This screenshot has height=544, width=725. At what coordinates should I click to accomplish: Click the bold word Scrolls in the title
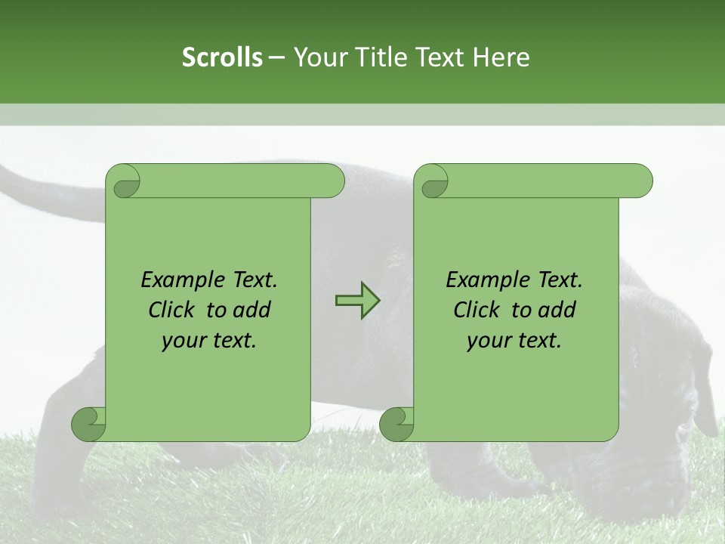coord(222,57)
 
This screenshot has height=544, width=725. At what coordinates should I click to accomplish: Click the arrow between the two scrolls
coord(357,301)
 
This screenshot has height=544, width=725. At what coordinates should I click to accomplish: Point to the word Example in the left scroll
coord(174,280)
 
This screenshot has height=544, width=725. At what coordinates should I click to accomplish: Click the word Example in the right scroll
coord(480,280)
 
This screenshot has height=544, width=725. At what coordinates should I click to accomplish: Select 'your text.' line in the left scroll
coord(209,341)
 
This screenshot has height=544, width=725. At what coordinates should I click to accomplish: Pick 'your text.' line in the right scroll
coord(514,341)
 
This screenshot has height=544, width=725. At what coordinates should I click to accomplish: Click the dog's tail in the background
coord(45,189)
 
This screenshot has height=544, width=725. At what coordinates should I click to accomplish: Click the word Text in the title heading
coord(440,57)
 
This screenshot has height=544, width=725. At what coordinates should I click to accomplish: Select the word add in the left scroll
coord(252,310)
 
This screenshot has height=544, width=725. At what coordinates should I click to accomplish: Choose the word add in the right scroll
coord(557,310)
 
